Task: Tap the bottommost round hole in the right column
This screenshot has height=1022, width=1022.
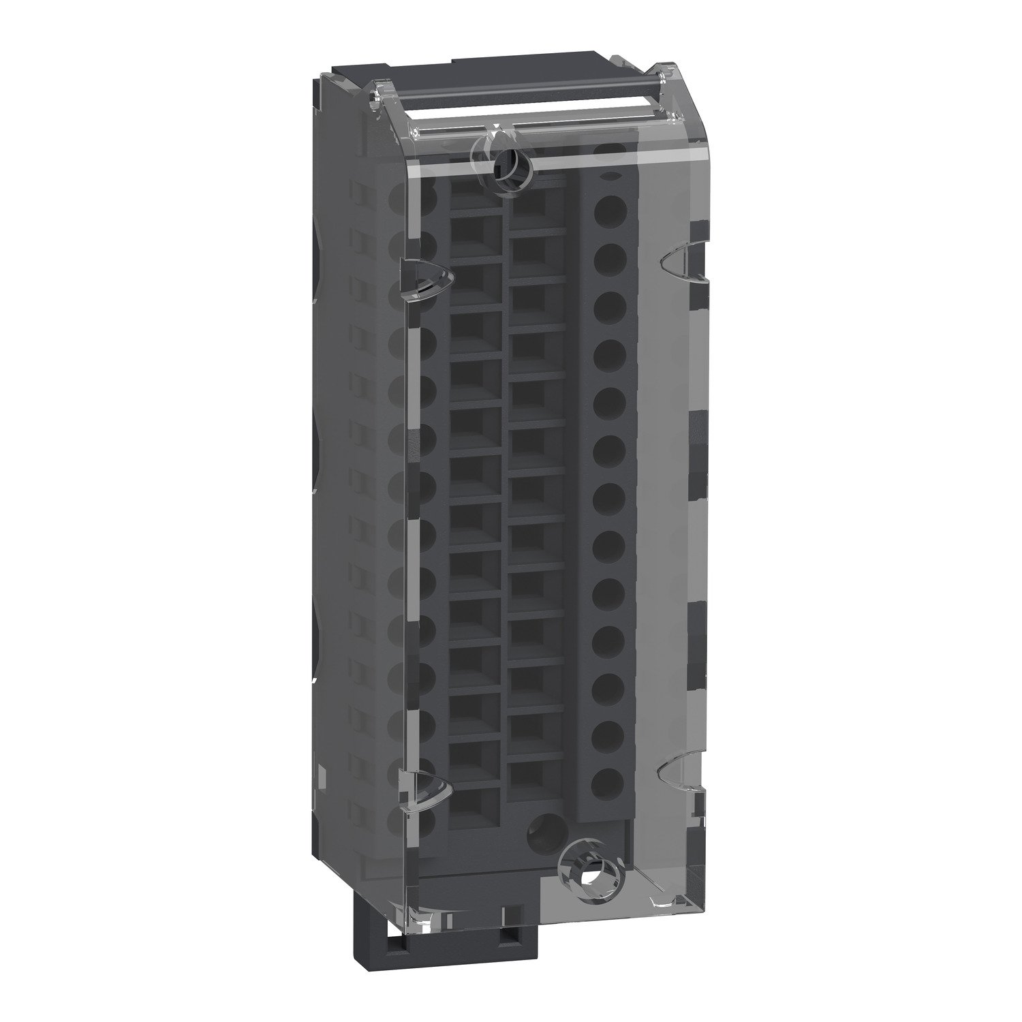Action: [608, 784]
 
